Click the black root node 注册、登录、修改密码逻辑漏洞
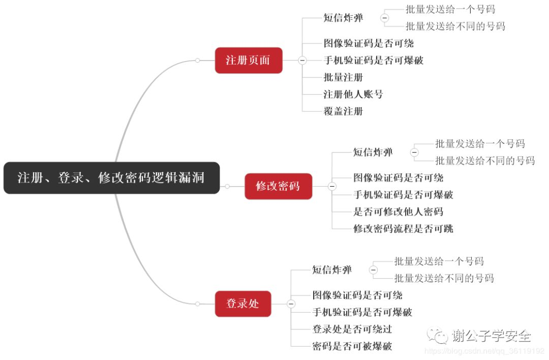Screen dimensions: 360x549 coord(111,178)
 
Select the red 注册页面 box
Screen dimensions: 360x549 coord(248,60)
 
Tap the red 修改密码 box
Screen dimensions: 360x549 coord(278,186)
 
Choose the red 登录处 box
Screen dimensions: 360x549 coord(242,304)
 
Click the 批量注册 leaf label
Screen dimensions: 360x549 coord(343,77)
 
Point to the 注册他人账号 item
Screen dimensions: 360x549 coord(353,94)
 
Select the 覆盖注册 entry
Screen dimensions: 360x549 coord(343,111)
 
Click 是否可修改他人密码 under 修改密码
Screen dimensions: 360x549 coord(398,212)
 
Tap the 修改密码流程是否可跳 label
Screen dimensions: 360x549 coord(403,228)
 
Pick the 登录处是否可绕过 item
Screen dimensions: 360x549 coord(352,329)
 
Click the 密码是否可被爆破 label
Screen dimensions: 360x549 coord(352,346)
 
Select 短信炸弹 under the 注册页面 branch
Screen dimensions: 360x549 coord(343,18)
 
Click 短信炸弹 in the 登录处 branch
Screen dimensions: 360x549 coord(331,270)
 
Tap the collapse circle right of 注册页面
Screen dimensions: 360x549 coord(302,60)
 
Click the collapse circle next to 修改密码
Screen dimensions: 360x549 coord(332,187)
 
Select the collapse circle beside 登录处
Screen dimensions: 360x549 coord(291,304)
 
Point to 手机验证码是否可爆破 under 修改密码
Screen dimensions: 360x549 coord(403,195)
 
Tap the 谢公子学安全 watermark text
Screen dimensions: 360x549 coord(491,336)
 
